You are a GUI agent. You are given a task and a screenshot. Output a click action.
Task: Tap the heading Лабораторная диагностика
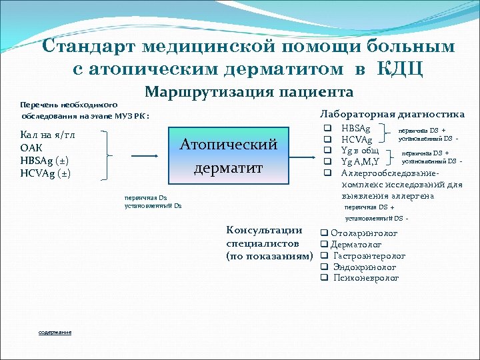coord(393,114)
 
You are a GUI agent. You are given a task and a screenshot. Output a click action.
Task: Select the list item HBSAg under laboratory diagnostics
coord(357,127)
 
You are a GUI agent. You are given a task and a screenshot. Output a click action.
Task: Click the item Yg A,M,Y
coord(360,161)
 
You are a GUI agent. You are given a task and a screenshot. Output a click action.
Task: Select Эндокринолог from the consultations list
coord(365,267)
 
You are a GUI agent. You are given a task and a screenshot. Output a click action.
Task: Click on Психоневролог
coord(366,277)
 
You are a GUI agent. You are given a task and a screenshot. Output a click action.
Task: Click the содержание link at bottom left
coord(55,332)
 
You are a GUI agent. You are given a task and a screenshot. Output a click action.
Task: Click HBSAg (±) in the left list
coord(45,161)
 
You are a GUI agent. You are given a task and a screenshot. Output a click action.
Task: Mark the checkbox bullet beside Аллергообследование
coord(327,172)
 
